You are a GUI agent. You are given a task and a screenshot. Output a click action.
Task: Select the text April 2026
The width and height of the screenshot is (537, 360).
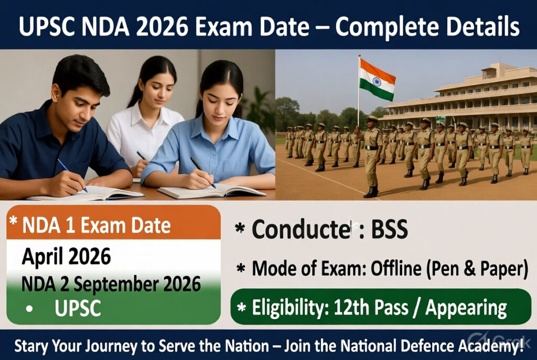pos(66,257)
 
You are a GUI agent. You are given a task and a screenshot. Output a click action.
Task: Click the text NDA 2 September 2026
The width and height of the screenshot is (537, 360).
pos(111,284)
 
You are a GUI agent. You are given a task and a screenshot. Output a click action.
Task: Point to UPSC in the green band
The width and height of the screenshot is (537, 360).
pos(78,308)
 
